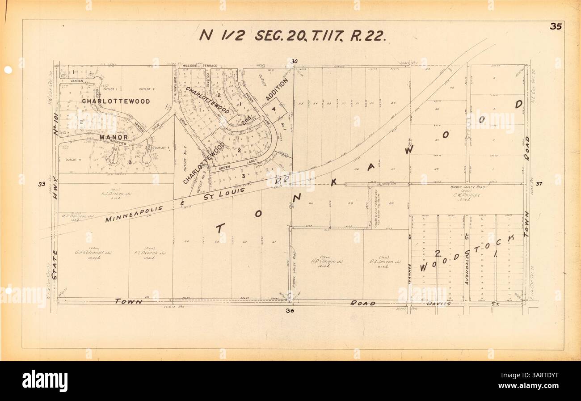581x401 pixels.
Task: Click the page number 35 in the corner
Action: click(556, 26)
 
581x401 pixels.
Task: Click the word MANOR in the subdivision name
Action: click(114, 137)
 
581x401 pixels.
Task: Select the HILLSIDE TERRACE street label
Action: click(200, 66)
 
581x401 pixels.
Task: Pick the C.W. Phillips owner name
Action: click(469, 195)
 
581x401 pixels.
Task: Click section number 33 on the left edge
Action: click(42, 184)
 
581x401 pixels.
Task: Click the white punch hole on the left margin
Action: click(8, 70)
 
